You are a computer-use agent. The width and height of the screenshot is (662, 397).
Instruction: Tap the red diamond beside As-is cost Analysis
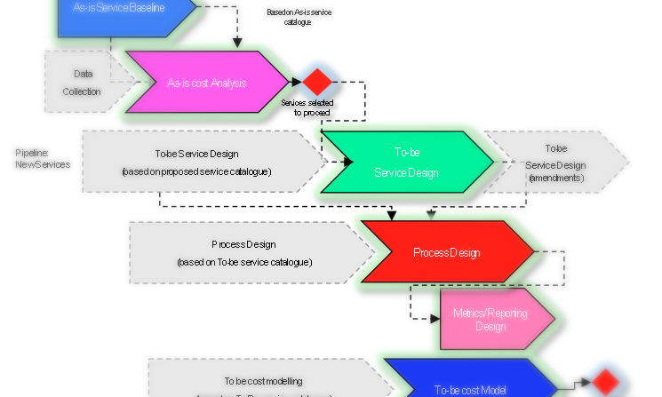(316, 83)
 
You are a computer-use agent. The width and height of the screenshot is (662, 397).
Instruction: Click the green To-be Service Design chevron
(405, 162)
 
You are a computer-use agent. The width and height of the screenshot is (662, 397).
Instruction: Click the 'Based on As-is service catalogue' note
(289, 17)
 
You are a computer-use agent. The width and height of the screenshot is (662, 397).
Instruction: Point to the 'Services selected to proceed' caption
(307, 107)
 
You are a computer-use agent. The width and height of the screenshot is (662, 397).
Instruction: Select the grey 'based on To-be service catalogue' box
(244, 252)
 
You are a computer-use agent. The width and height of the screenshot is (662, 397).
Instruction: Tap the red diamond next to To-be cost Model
(605, 382)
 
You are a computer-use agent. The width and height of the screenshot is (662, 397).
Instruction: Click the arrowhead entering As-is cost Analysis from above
(236, 43)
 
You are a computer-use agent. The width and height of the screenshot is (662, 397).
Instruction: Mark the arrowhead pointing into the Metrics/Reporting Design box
(435, 317)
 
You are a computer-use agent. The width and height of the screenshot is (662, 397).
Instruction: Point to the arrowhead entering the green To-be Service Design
(347, 162)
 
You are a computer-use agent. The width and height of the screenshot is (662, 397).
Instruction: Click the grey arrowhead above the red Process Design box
(431, 214)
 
